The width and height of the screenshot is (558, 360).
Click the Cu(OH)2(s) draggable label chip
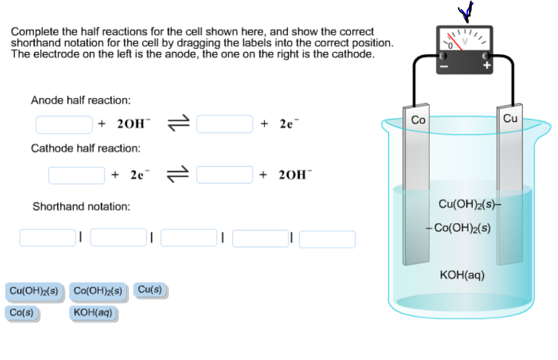(x=34, y=291)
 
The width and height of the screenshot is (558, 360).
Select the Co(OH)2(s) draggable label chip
(x=97, y=291)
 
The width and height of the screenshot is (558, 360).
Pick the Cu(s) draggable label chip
(x=150, y=289)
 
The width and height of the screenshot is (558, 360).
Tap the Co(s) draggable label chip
(x=22, y=313)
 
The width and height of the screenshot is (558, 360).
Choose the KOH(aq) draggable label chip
(x=93, y=313)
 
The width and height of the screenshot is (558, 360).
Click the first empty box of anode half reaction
(x=64, y=125)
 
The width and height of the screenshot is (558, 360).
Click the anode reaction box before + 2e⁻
(x=225, y=125)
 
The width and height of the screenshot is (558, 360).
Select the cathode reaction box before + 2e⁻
(x=77, y=175)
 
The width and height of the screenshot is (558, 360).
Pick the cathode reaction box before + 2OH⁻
(x=225, y=175)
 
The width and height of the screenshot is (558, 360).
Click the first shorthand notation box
(x=47, y=238)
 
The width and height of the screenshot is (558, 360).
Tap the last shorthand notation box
(x=327, y=239)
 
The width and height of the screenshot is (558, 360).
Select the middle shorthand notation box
(x=188, y=238)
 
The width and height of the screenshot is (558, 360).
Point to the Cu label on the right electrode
(x=510, y=118)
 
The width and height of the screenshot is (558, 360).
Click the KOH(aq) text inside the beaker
(x=462, y=274)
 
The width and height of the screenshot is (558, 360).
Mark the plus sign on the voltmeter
(x=487, y=64)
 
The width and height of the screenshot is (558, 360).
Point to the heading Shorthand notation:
(x=81, y=206)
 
